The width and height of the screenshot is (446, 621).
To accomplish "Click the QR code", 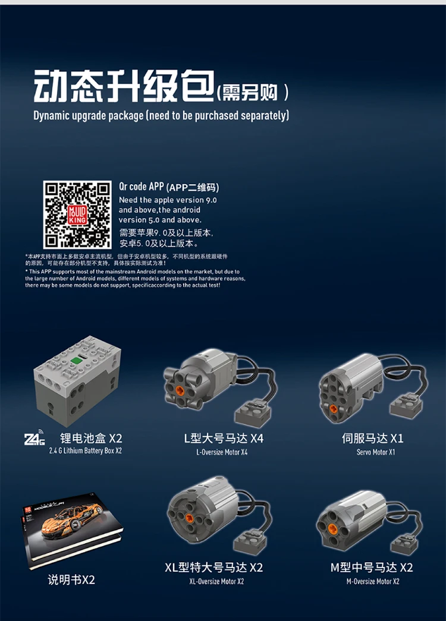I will pos(77,215).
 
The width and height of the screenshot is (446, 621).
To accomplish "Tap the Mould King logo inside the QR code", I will pos(77,215).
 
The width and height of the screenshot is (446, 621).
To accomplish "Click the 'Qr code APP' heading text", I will pos(141,186).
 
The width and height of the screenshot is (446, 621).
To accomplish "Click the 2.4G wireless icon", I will pos(34,439).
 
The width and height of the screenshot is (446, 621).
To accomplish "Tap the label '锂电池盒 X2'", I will pos(91,439).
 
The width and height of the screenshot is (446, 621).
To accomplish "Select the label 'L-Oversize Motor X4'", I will pos(222,452).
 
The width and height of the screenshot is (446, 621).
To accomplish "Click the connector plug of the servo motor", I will pos(407,406).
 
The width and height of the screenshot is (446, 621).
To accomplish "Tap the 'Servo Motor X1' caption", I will pos(375,452).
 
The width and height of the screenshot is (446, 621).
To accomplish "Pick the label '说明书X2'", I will pos(71,579).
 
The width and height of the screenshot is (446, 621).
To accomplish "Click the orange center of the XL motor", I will pos(189,518).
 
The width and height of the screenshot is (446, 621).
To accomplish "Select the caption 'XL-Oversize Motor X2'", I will pos(216,581).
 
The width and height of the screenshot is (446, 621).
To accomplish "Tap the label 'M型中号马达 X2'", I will pos(372,567).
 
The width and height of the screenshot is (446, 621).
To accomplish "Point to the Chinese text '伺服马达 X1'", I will pos(373,439).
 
